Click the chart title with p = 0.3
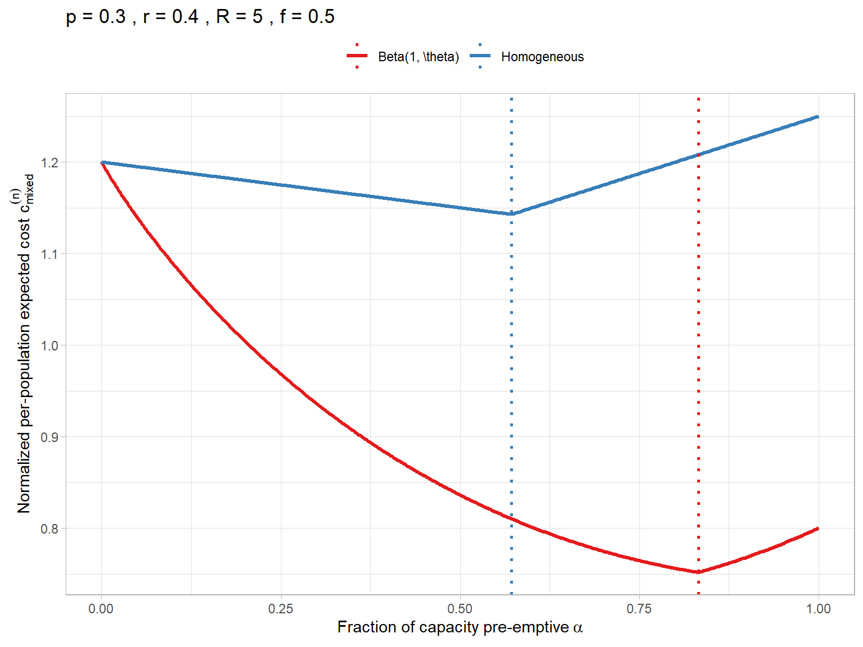tap(200, 17)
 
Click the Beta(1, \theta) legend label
tap(419, 57)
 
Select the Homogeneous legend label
tap(542, 57)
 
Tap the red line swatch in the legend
tap(357, 56)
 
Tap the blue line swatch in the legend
tap(480, 56)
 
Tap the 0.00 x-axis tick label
tap(101, 609)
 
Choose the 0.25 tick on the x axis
tap(280, 609)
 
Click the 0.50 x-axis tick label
tap(460, 609)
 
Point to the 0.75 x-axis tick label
tap(639, 609)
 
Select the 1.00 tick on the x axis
tap(818, 609)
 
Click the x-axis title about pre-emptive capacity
tap(460, 627)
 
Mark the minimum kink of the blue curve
tap(511, 214)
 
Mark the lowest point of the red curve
tap(698, 572)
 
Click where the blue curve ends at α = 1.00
tap(817, 117)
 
